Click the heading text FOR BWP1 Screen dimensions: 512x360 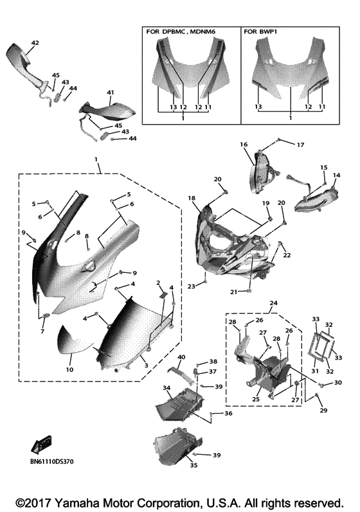tap(261, 31)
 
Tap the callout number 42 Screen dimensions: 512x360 tap(35, 43)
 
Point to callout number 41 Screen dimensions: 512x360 tap(110, 93)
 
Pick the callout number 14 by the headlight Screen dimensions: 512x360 tap(336, 175)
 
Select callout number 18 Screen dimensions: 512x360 tap(192, 199)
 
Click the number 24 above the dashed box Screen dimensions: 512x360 tap(273, 302)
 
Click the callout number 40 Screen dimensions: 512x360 tap(181, 357)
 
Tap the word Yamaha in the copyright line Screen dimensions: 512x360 tap(76, 502)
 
